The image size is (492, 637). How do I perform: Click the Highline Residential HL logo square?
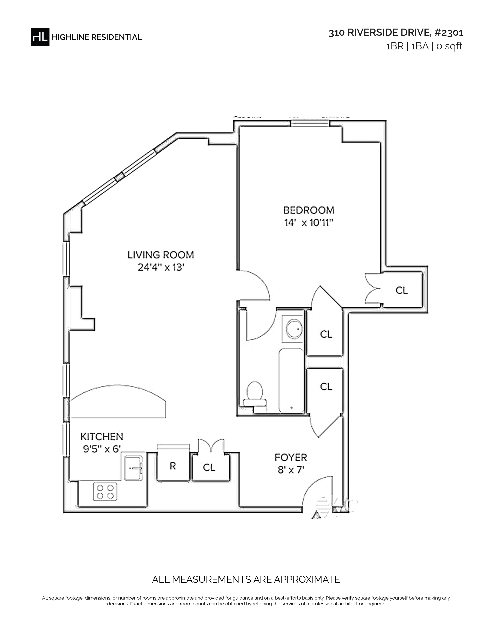pyautogui.click(x=40, y=37)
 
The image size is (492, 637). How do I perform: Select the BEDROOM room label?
pyautogui.click(x=309, y=210)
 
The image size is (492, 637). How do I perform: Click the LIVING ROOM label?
pyautogui.click(x=161, y=255)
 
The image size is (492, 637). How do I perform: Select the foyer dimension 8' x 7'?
pyautogui.click(x=291, y=470)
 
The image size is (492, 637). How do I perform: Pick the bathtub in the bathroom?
pyautogui.click(x=292, y=381)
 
